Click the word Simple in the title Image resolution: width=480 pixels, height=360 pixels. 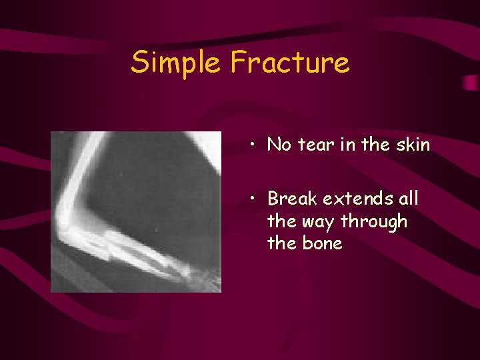[x=177, y=63]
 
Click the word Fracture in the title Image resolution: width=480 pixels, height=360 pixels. [x=289, y=63]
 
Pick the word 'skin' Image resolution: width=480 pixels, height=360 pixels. [x=411, y=145]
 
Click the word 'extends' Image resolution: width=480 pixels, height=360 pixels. [x=358, y=199]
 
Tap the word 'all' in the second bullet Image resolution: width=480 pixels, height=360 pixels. [x=408, y=199]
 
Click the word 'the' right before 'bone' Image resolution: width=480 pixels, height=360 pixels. [x=281, y=243]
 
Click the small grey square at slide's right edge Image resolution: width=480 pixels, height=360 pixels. [x=470, y=83]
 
